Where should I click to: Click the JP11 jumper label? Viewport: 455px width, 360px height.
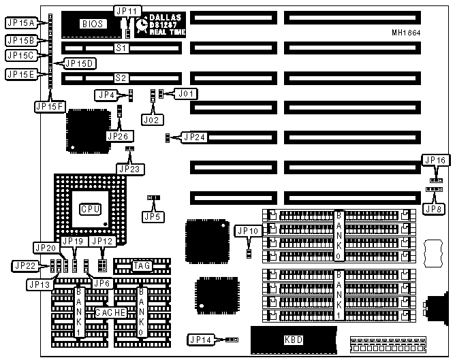(127, 11)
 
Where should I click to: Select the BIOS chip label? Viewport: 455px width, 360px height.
(93, 24)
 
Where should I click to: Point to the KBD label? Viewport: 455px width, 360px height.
(294, 340)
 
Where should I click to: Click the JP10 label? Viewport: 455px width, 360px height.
(247, 231)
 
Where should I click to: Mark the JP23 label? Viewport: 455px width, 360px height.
(129, 168)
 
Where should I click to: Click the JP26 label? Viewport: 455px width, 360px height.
(118, 135)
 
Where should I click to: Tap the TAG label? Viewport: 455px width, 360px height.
(142, 265)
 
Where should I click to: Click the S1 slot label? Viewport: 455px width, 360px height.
(121, 48)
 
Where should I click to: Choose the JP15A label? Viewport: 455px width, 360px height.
(19, 22)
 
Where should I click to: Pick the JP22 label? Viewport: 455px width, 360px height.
(22, 265)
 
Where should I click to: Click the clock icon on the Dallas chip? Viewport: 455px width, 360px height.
(142, 24)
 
